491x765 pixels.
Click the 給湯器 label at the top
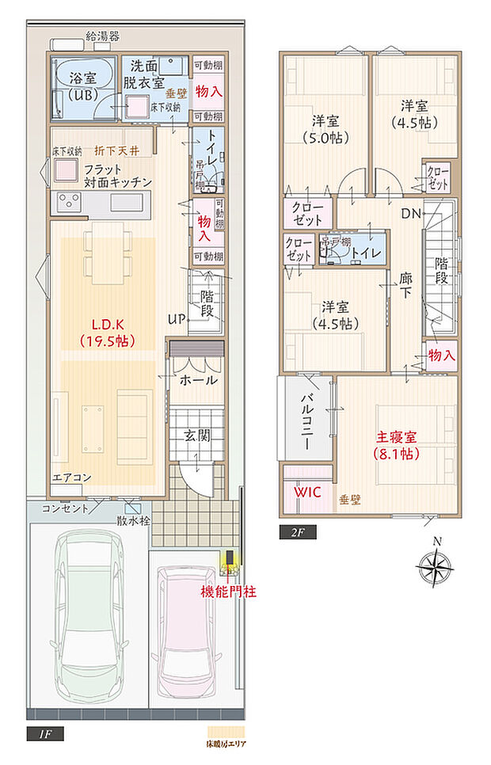pos(103,36)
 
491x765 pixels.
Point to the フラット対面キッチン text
pos(117,175)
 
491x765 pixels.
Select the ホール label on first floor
pos(200,380)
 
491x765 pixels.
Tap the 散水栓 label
pos(134,520)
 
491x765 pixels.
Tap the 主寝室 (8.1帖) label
pos(397,444)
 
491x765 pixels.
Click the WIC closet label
pos(307,491)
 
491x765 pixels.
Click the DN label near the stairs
pos(410,214)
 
